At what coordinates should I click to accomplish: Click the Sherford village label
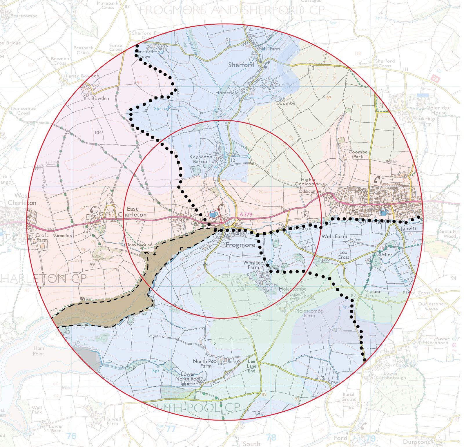click(x=241, y=65)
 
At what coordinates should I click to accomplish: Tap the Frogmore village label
click(x=240, y=245)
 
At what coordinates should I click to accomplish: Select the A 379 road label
click(x=246, y=214)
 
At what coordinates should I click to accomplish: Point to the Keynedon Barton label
click(x=201, y=159)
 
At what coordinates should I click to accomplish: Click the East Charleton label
click(x=132, y=212)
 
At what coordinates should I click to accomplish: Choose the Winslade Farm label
click(x=253, y=265)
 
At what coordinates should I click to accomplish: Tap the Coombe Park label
click(x=358, y=154)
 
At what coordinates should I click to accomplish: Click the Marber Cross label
click(x=372, y=293)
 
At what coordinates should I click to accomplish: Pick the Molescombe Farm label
click(x=309, y=313)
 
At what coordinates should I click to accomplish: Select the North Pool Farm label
click(x=205, y=363)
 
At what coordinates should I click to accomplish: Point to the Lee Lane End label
click(x=251, y=366)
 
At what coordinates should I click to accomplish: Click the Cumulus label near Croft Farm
click(x=62, y=236)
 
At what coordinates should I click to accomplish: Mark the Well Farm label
click(x=334, y=236)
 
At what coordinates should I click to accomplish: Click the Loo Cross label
click(x=343, y=255)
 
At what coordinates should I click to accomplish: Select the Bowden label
click(x=100, y=98)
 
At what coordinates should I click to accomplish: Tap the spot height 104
click(x=98, y=133)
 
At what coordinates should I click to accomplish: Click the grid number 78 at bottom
click(x=271, y=437)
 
